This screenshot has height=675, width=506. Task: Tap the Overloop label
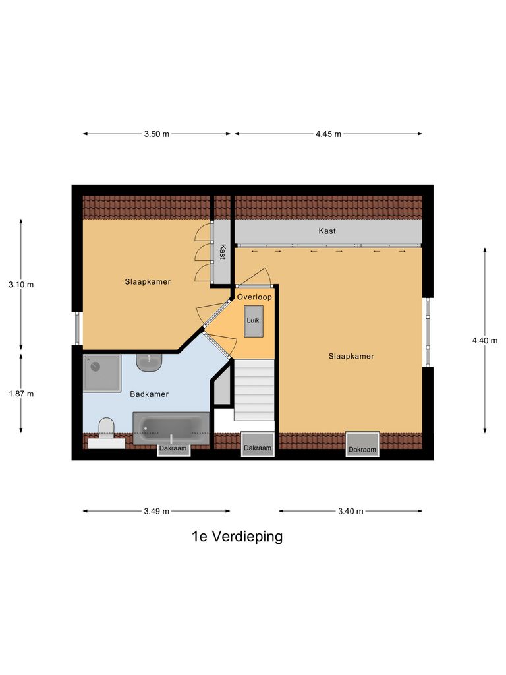(x=254, y=297)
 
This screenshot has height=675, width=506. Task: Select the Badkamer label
(x=149, y=394)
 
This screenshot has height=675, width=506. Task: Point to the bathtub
(x=171, y=428)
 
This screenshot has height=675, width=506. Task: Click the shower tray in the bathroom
(x=102, y=373)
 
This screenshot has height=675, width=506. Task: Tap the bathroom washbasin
(x=150, y=361)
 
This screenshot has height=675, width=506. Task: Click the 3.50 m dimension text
(x=157, y=134)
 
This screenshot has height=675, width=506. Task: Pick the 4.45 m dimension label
(x=328, y=134)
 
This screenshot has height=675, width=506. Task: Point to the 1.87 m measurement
(x=20, y=394)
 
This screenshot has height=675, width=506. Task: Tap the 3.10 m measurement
(x=20, y=285)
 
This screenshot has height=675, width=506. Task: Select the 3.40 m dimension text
(x=350, y=511)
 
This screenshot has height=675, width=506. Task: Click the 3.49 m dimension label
(x=157, y=511)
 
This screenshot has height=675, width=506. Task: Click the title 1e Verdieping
(x=237, y=537)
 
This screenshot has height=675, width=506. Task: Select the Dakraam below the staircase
(x=257, y=448)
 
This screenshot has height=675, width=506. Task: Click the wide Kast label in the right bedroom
(x=327, y=231)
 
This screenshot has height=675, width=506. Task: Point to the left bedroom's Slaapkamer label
(x=148, y=281)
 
